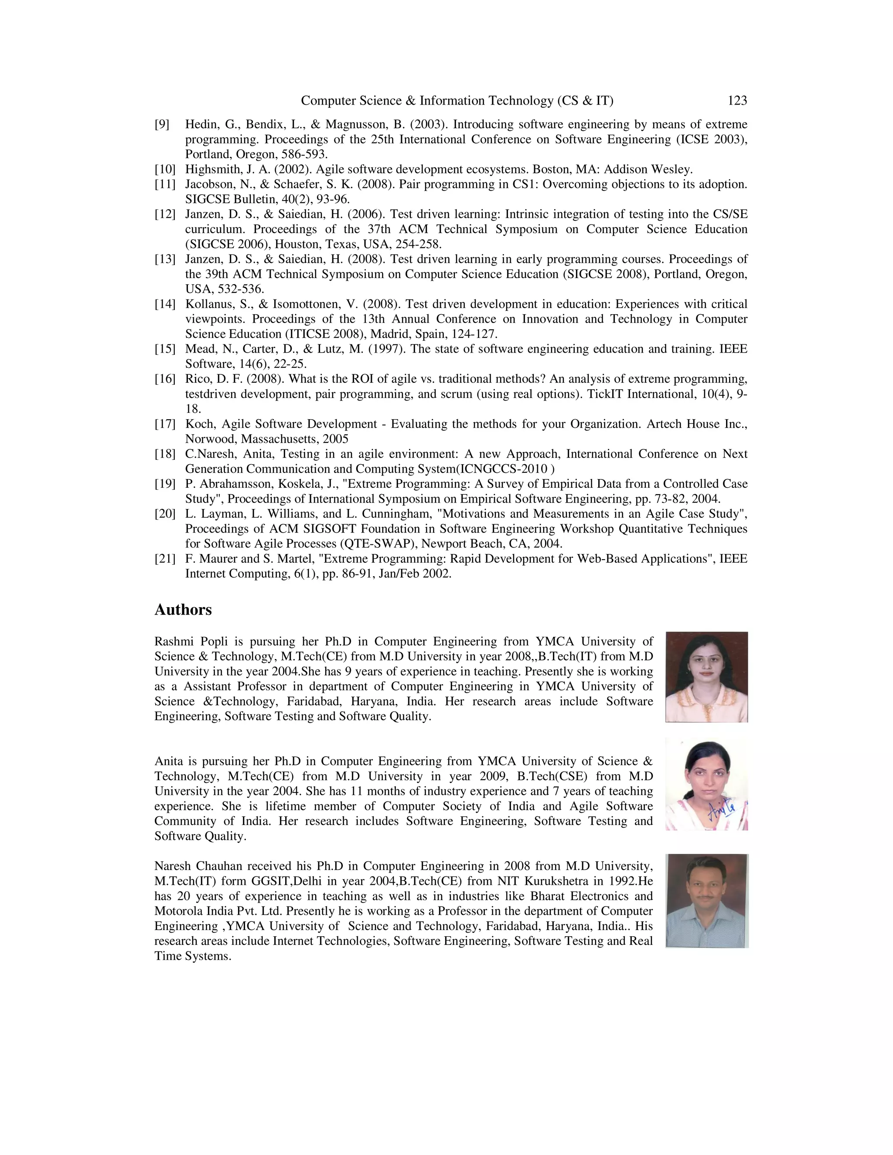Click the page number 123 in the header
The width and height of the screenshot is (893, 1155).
click(737, 101)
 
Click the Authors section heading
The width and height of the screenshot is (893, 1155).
click(183, 610)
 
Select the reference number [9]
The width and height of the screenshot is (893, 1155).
click(162, 125)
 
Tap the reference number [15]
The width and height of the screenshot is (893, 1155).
click(164, 349)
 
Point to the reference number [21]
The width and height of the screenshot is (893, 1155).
click(164, 559)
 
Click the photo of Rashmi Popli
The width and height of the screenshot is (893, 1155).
click(706, 676)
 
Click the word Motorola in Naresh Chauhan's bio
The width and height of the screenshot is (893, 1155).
click(179, 911)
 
